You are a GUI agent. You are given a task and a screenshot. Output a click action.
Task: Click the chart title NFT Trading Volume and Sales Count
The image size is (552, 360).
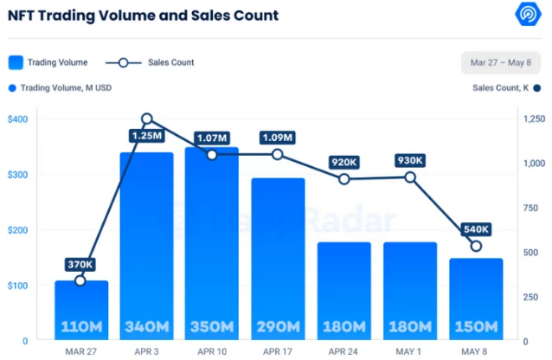[144, 15]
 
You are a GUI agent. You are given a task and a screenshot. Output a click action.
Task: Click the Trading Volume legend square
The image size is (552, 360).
[16, 62]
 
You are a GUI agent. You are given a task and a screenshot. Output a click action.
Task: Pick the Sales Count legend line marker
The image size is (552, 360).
[124, 62]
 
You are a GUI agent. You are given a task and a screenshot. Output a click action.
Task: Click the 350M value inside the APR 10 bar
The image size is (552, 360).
[212, 327]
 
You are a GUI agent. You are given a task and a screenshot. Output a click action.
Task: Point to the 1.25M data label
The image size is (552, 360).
[147, 136]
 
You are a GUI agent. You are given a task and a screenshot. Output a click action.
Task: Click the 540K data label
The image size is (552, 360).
[475, 229]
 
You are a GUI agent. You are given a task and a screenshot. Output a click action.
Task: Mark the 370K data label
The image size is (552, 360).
[81, 264]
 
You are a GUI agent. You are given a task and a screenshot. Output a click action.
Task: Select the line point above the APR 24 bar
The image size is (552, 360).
[344, 179]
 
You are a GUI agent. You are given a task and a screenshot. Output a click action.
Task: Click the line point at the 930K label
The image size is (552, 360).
[410, 177]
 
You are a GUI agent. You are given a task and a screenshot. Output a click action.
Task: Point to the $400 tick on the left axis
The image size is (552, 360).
[17, 119]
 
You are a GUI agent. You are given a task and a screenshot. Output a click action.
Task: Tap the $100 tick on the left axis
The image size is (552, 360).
[17, 286]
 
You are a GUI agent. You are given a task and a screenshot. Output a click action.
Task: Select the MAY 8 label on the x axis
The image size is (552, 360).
[476, 352]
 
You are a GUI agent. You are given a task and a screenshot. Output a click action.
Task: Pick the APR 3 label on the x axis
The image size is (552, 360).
[146, 352]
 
